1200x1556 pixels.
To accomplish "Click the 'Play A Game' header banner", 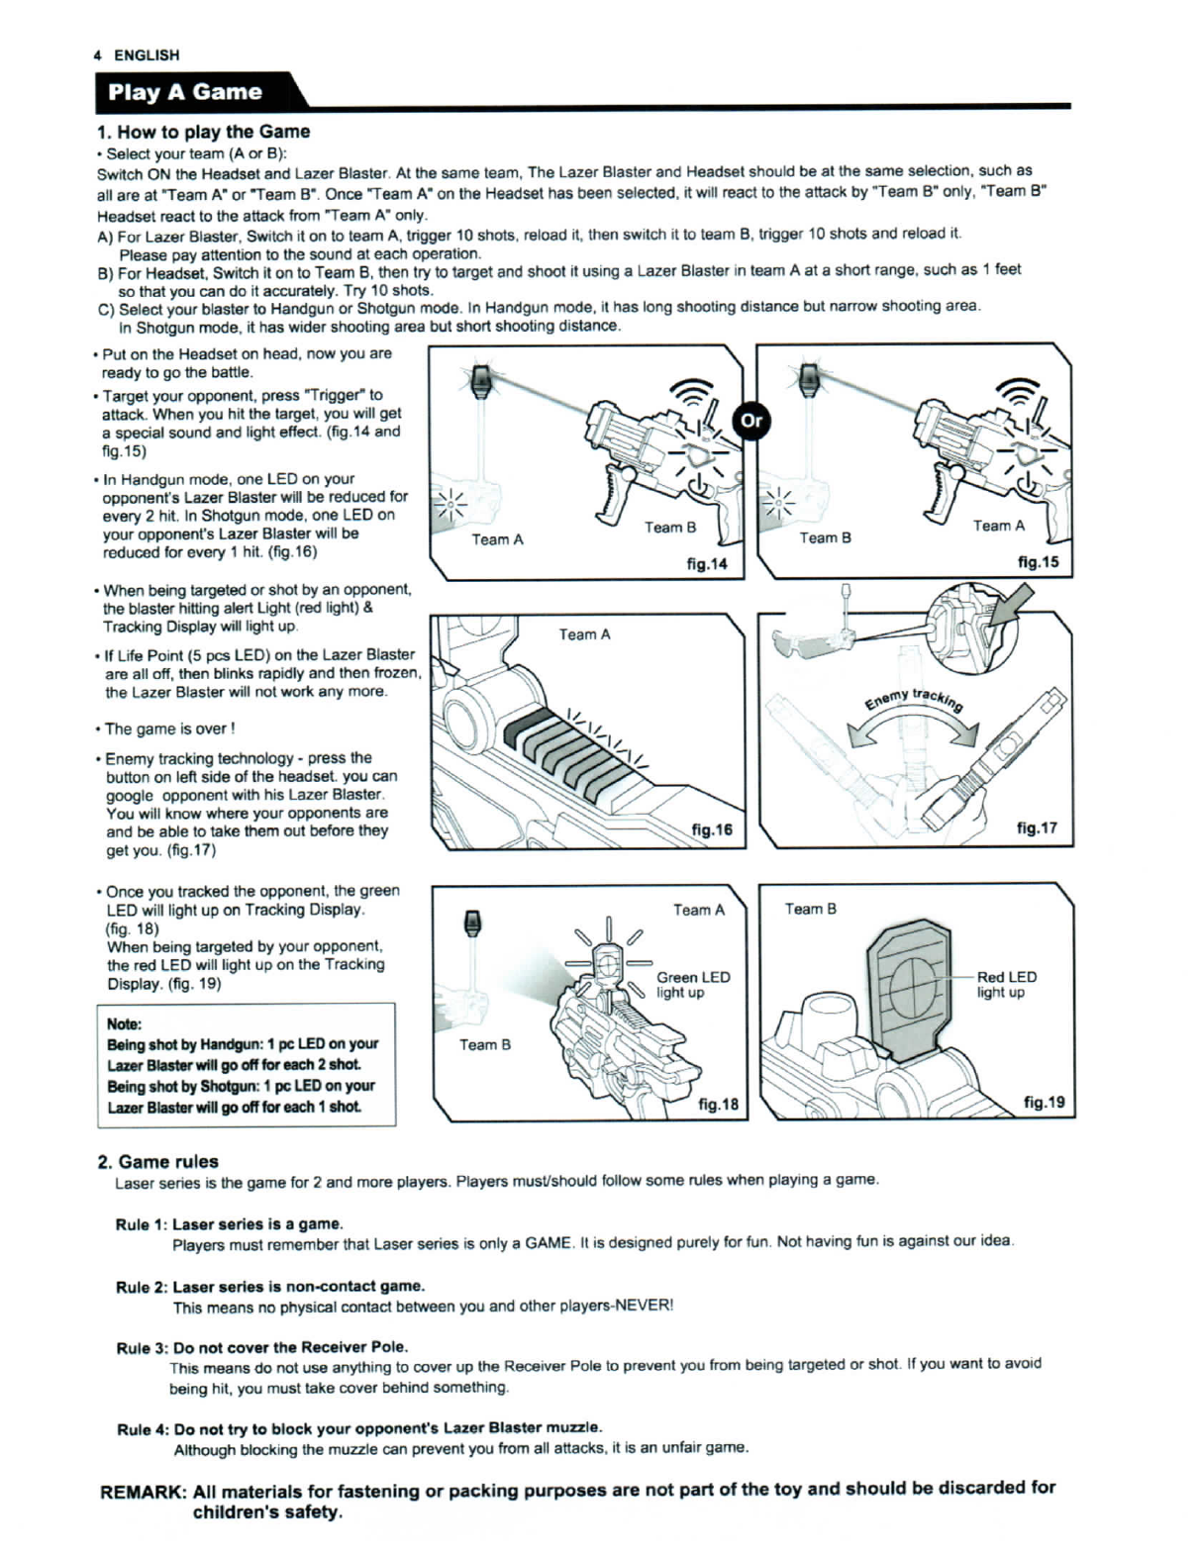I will [x=185, y=92].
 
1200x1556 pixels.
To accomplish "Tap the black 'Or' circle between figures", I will [x=751, y=420].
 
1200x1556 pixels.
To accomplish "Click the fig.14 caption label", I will [x=706, y=563].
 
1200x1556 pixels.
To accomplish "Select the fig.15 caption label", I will [x=1038, y=562].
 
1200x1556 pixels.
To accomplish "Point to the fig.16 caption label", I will [x=711, y=828].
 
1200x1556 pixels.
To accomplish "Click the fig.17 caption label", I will [x=1037, y=827].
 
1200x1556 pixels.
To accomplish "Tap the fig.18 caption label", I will [x=718, y=1104].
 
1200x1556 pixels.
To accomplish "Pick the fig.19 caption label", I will [x=1044, y=1102].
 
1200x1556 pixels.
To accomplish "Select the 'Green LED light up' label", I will [x=693, y=984].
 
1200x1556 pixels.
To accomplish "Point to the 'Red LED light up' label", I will [x=1006, y=984].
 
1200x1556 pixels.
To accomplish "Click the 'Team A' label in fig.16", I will [x=584, y=634].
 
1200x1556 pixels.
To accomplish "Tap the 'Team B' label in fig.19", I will [x=810, y=909].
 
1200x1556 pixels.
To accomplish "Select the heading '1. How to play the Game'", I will [x=203, y=132].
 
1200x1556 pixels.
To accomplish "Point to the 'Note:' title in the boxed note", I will [x=124, y=1023].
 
